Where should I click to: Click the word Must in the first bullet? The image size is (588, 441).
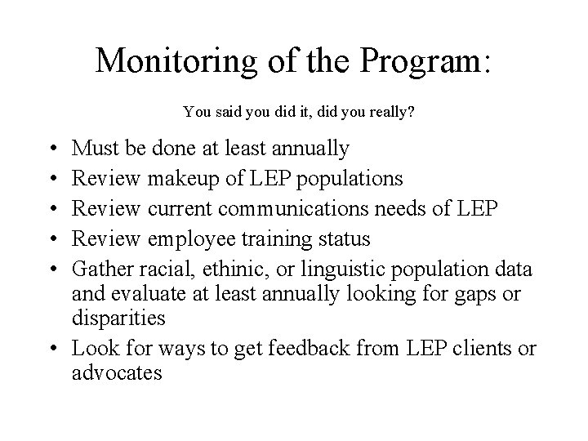pyautogui.click(x=93, y=149)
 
